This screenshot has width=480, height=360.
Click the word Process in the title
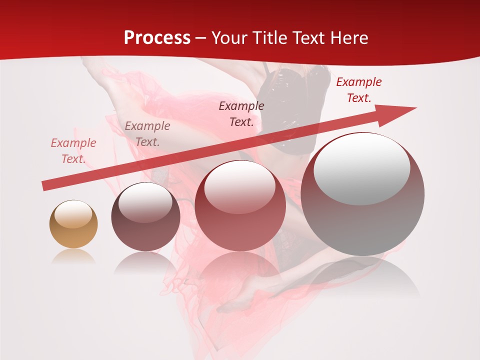pos(157,38)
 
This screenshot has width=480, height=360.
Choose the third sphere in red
pos(240,206)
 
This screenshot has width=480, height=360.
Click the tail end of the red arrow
pos(45,186)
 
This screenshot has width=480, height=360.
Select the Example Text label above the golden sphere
pos(73,151)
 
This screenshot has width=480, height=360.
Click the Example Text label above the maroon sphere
pos(147,134)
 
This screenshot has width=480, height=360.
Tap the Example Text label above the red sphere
pos(241,114)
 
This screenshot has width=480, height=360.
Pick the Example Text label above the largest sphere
pos(359,90)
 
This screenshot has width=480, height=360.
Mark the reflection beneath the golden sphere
pos(73,257)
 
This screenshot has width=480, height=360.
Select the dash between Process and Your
pos(201,38)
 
